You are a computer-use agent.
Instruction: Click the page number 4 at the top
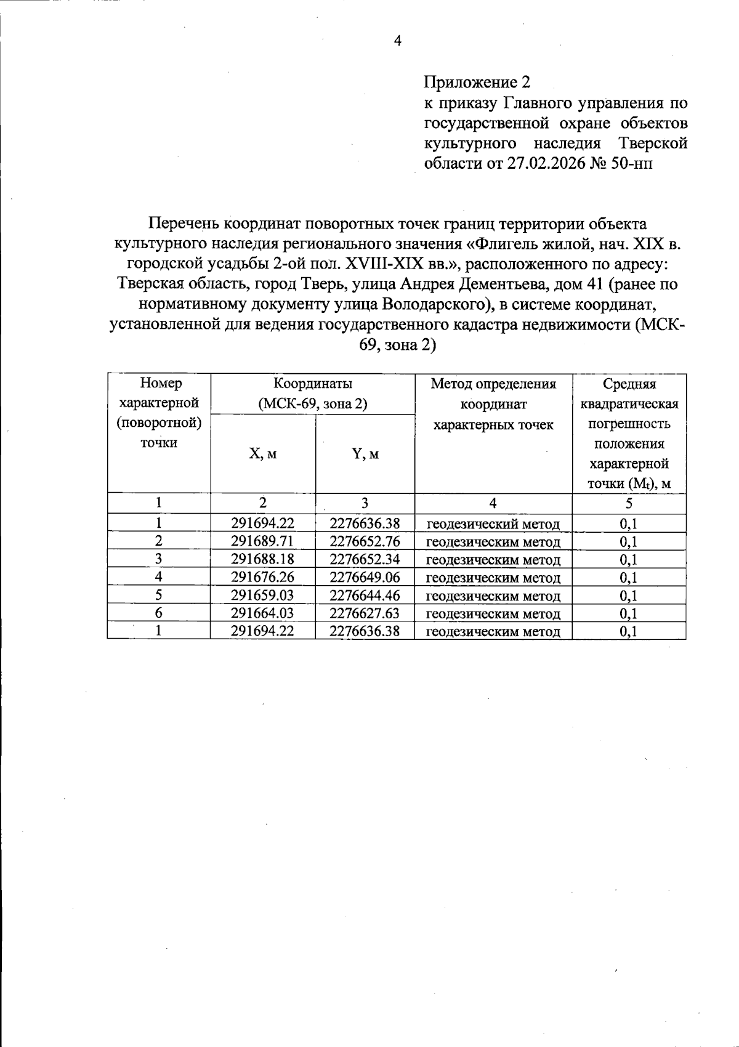[397, 41]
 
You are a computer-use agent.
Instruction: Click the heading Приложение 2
[477, 82]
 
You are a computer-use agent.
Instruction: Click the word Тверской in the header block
[652, 144]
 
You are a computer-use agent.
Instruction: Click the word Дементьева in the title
[505, 284]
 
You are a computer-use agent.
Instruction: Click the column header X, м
[262, 454]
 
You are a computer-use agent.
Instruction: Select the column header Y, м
[365, 454]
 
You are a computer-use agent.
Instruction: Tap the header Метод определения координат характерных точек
[493, 404]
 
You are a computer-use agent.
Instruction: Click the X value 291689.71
[262, 541]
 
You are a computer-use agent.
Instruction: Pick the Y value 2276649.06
[365, 577]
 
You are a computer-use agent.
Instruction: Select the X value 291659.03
[262, 595]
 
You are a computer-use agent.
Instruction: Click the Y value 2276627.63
[365, 613]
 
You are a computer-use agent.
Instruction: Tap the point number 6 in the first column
[159, 613]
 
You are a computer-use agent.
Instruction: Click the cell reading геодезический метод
[493, 524]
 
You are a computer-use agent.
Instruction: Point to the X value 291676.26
[262, 577]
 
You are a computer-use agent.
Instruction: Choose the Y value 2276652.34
[365, 559]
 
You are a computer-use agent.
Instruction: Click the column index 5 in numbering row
[629, 503]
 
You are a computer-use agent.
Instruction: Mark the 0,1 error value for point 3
[629, 559]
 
